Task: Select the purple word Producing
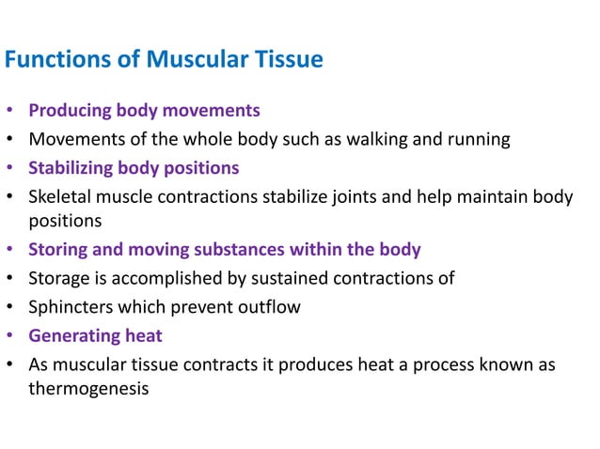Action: [70, 111]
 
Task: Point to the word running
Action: [479, 140]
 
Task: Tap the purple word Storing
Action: [58, 250]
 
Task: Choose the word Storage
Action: [60, 278]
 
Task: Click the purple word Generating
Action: [74, 335]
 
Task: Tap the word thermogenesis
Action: [88, 387]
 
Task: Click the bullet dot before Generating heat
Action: [10, 336]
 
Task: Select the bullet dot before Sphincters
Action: [10, 307]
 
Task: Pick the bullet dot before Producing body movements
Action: [10, 112]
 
